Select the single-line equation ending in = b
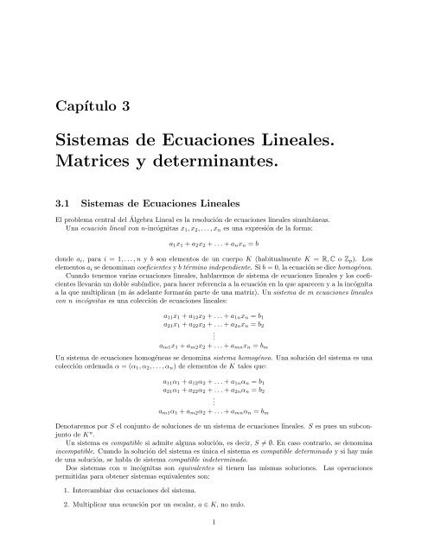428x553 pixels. pos(213,245)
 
